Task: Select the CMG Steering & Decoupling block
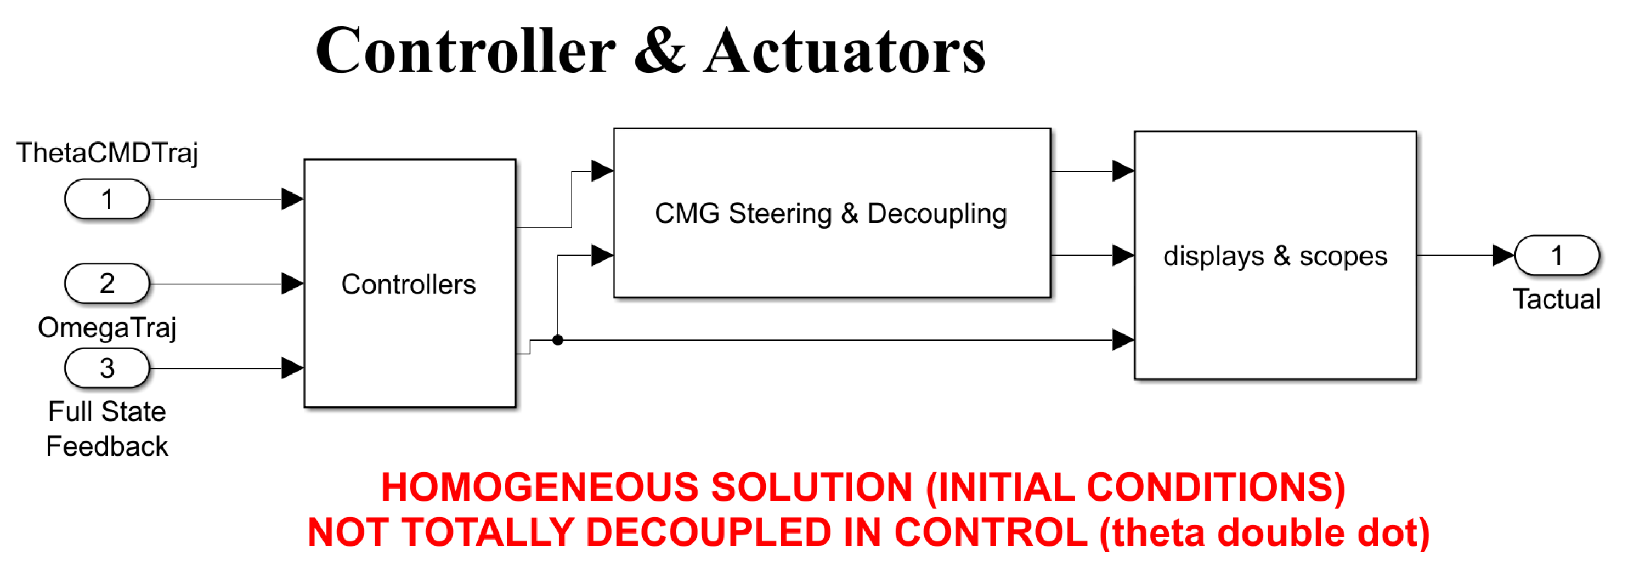pos(831,213)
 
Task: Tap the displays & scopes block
pos(1275,256)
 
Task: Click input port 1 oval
pos(107,199)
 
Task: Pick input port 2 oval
pos(107,283)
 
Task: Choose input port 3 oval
pos(107,368)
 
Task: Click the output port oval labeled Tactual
pos(1557,256)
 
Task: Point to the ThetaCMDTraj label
pos(107,153)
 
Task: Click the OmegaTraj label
pos(107,327)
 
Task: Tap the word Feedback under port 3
pos(107,446)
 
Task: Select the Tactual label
pos(1557,299)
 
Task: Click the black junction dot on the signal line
pos(557,340)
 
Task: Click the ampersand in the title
pos(659,50)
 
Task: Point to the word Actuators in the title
pos(844,50)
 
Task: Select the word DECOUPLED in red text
pos(708,532)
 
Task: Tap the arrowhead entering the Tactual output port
pos(1503,256)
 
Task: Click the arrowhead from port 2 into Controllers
pos(292,283)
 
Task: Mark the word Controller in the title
pos(465,50)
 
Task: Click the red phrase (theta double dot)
pos(1264,532)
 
